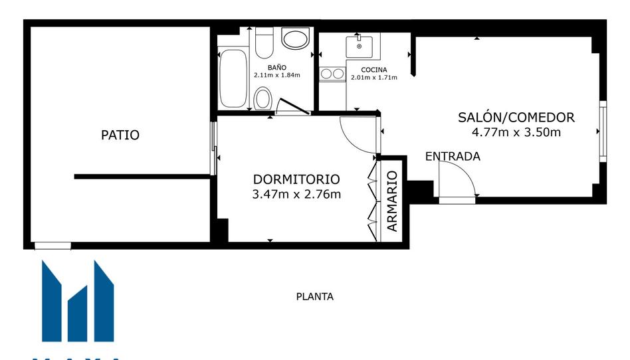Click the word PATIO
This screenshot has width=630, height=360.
tap(120, 135)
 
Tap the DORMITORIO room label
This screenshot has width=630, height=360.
tap(296, 179)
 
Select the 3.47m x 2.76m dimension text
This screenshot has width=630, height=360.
tap(296, 195)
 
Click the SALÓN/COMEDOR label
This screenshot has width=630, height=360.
tap(516, 118)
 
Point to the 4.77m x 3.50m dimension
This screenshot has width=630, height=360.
tap(516, 132)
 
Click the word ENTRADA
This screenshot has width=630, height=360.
tap(453, 156)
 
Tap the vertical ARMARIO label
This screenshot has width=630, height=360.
tap(392, 201)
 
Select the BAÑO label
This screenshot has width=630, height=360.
tap(277, 68)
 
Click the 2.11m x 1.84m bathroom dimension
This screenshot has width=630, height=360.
tap(277, 75)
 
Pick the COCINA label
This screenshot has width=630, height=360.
tap(374, 70)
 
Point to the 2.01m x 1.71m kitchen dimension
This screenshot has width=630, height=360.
tap(374, 78)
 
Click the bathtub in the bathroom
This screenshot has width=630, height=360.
tap(233, 78)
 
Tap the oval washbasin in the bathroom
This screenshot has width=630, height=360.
tap(296, 38)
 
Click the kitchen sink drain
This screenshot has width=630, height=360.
tap(360, 46)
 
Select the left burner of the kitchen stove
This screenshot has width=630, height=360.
tap(326, 74)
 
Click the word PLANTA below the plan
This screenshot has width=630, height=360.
tap(315, 297)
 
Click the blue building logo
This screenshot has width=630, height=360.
tap(78, 302)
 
